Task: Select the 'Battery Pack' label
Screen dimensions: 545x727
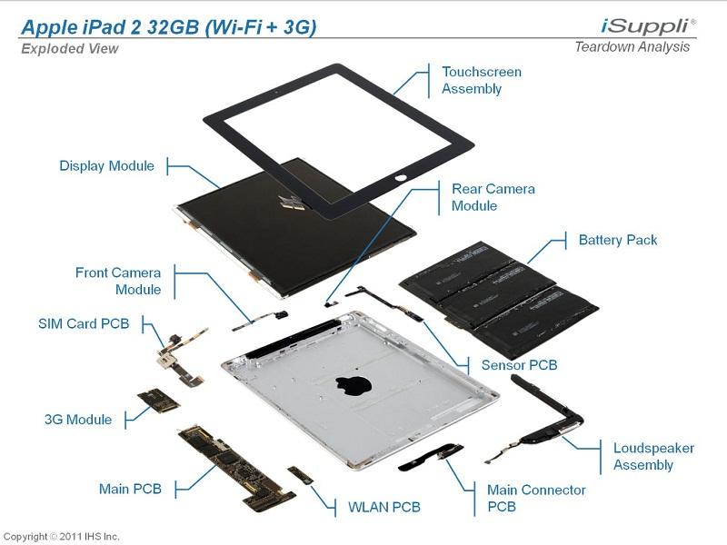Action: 617,240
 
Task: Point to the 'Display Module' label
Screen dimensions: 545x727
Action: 106,165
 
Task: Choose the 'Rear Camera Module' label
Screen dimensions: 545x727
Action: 493,197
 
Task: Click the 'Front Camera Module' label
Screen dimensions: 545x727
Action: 118,281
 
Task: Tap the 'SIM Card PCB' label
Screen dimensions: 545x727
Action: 84,323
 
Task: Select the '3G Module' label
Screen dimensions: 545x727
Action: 78,420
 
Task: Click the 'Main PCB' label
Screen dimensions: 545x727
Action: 130,489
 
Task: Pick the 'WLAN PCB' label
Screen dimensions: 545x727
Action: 384,506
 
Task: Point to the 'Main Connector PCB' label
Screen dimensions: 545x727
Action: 536,498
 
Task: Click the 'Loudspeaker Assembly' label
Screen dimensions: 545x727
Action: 653,456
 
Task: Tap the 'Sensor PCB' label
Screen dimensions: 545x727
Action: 519,365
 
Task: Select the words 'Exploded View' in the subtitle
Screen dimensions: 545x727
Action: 70,48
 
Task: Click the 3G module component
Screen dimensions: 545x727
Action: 155,401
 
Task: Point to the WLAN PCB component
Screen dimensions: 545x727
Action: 300,475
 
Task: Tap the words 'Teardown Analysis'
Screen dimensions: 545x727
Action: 632,47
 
